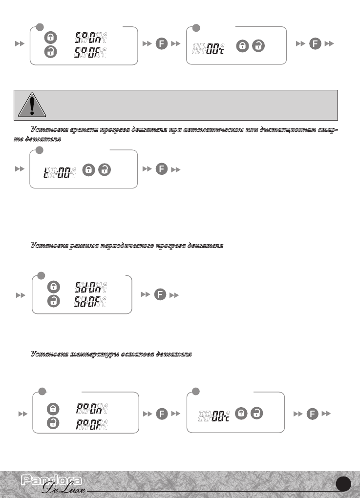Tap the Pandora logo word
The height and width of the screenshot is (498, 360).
tap(52, 481)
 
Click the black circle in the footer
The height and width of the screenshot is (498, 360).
tap(344, 484)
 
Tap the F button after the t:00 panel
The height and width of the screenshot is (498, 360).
tap(162, 169)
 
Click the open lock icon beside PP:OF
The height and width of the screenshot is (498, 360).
tap(54, 423)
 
